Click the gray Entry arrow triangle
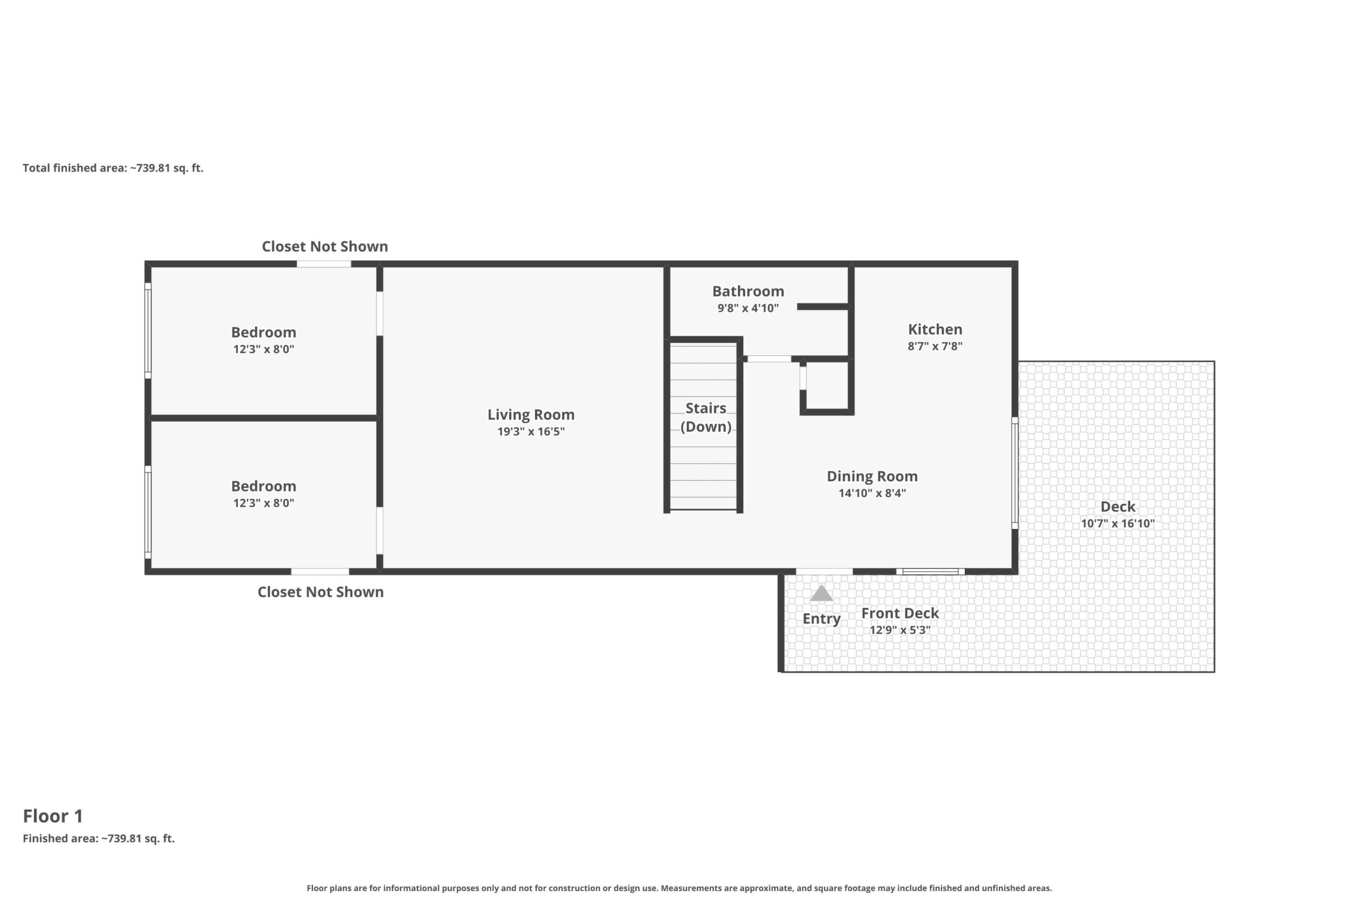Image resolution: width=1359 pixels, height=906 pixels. coord(821,593)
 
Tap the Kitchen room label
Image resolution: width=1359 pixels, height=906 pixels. coord(935,329)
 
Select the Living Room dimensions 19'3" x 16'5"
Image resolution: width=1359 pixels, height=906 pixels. coord(531,432)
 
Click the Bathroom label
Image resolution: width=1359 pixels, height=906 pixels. coord(748,291)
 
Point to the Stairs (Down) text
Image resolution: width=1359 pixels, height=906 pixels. coord(706,417)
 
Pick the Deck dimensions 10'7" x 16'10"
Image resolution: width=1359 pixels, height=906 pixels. coord(1117,523)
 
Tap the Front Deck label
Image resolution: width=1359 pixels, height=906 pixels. coord(900,613)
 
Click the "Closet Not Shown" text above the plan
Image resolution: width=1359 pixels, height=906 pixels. coord(325,247)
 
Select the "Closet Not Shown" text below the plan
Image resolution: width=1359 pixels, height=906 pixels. coord(321,592)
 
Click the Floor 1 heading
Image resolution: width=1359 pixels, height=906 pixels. coord(53,816)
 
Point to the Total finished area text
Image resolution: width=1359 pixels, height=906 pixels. coord(113,168)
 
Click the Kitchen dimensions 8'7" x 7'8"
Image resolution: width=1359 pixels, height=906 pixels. coord(935,346)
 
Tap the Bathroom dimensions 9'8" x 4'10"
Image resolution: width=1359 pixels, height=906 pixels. coord(748,308)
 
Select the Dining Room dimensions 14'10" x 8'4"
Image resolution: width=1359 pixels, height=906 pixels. coord(872,493)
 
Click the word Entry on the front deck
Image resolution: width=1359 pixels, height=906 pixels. coord(821,619)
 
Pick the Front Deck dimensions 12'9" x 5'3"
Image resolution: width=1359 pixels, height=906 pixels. coord(900,630)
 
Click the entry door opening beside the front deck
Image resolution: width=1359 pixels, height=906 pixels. coord(824,572)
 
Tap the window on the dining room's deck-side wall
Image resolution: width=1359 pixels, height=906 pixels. coord(1015,473)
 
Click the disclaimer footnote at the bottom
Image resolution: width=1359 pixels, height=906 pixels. coord(679,888)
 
